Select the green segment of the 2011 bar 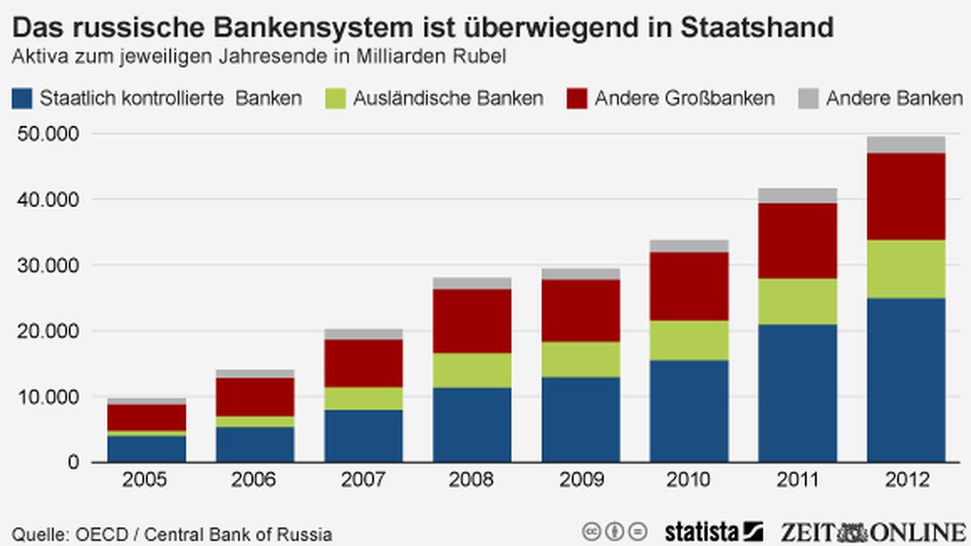click(797, 302)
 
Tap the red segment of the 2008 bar click(472, 321)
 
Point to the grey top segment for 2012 click(906, 144)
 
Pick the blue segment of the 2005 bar click(146, 448)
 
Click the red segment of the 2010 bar click(689, 286)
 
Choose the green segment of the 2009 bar click(580, 359)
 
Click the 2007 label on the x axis click(363, 480)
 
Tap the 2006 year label click(255, 480)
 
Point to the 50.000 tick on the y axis click(48, 134)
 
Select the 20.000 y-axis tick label click(48, 331)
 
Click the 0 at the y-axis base click(72, 462)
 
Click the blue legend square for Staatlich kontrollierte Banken click(22, 99)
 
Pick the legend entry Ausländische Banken click(447, 99)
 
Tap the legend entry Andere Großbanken click(684, 99)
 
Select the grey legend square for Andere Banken click(808, 99)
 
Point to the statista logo click(713, 532)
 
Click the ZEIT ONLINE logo click(873, 532)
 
